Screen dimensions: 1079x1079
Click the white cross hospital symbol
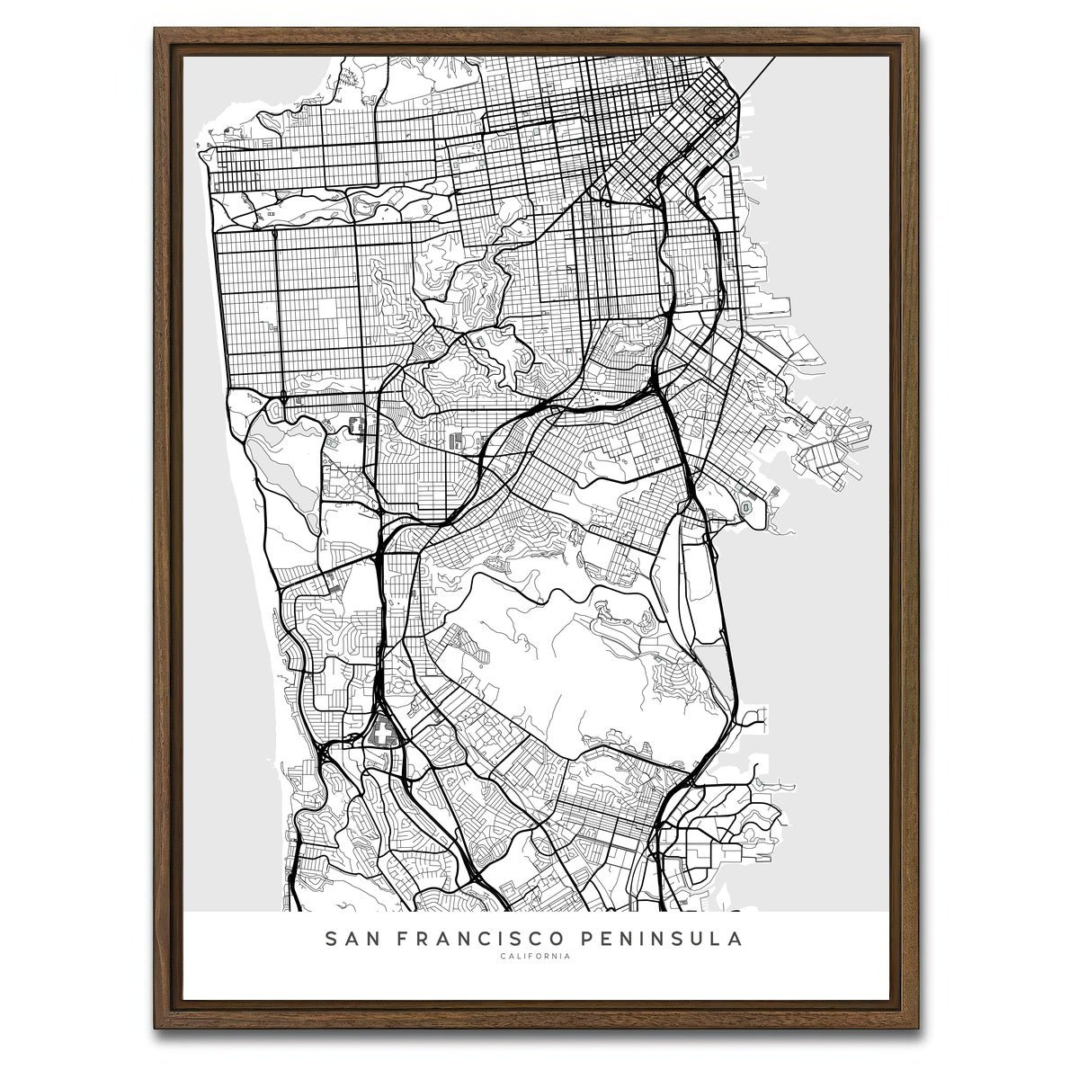(385, 734)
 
